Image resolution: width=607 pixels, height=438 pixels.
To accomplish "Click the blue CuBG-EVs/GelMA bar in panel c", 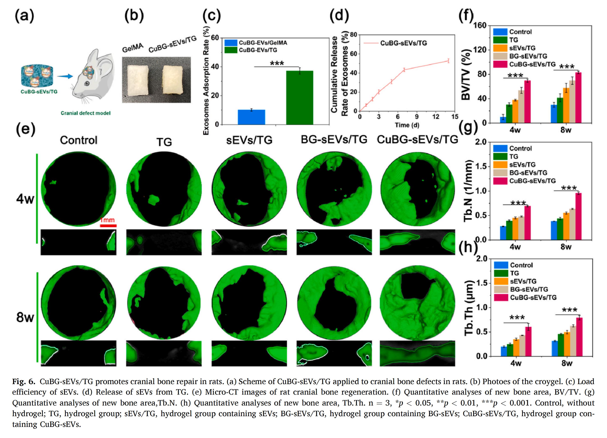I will [251, 117].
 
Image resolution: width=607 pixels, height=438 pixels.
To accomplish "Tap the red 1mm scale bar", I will [108, 226].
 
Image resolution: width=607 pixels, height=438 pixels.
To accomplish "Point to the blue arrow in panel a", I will [65, 77].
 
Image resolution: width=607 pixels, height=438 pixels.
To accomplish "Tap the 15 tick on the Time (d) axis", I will [454, 117].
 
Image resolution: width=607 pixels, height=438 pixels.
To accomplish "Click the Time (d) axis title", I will [407, 125].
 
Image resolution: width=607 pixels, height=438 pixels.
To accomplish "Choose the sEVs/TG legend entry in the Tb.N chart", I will [522, 165].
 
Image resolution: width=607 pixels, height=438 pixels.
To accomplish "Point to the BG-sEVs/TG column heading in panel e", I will [334, 139].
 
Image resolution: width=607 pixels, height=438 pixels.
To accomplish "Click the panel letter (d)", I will [339, 16].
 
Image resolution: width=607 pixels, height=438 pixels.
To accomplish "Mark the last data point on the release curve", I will [448, 61].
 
